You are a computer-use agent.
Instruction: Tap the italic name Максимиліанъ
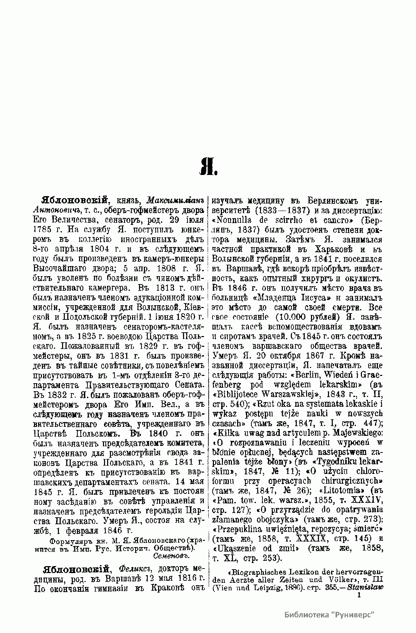(175, 201)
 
